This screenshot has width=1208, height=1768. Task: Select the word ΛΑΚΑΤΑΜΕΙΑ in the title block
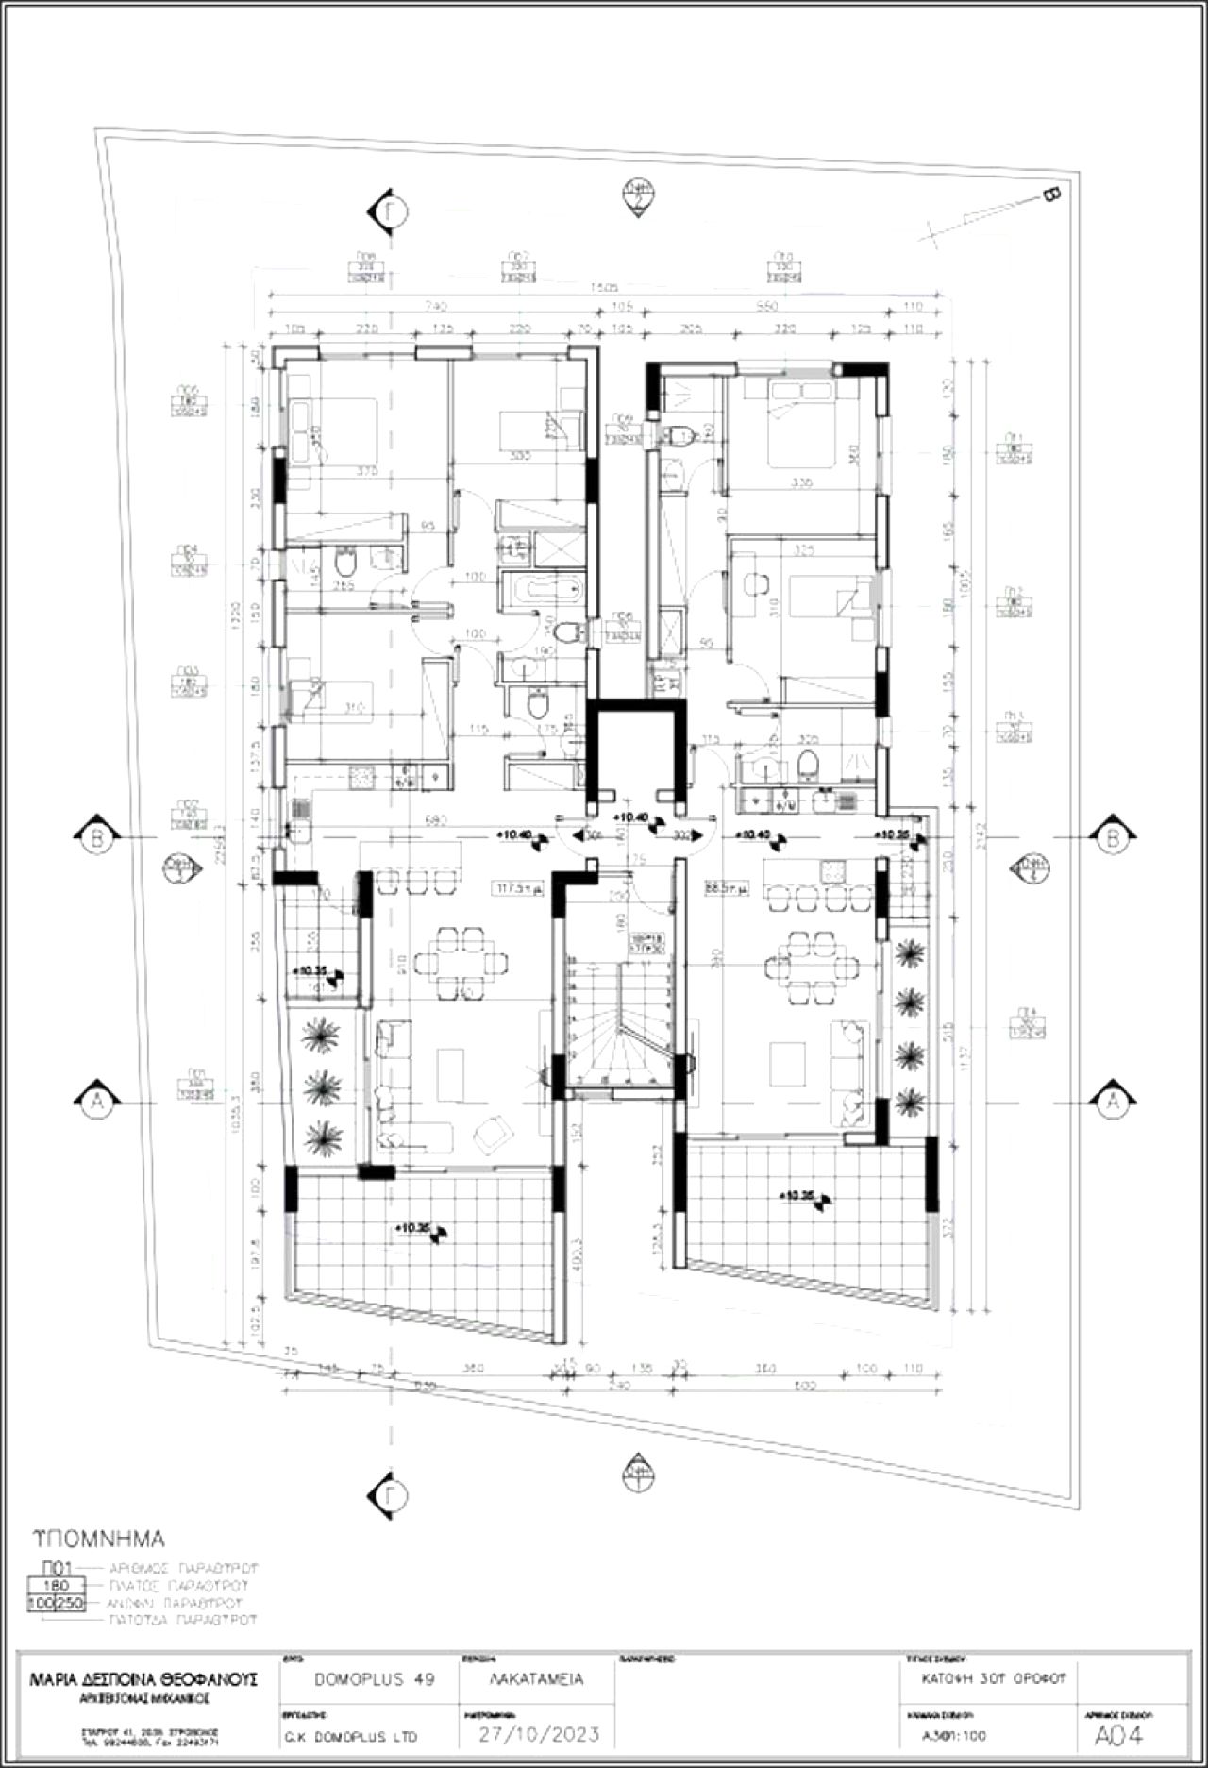point(537,1679)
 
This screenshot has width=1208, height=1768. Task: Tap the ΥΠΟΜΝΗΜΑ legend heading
point(98,1539)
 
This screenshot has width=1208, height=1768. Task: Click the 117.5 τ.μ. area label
point(517,887)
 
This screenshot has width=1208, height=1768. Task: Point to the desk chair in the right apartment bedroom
point(754,585)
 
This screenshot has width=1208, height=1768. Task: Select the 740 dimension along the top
point(436,307)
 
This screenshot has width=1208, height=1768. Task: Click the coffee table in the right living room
point(786,1063)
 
